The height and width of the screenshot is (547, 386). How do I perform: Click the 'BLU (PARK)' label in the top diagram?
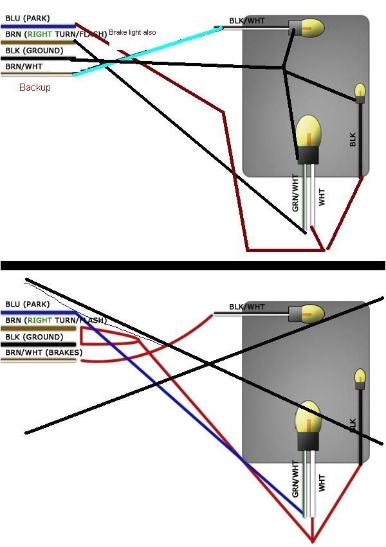click(x=28, y=19)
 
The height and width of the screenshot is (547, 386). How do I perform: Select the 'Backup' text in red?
click(x=35, y=87)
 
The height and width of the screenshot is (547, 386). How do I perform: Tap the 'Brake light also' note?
click(x=132, y=32)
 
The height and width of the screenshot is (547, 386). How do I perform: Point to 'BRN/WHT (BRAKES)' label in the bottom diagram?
click(x=44, y=352)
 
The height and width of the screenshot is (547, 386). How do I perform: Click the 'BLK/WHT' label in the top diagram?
click(x=247, y=21)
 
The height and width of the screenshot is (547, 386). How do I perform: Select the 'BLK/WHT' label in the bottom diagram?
click(x=247, y=307)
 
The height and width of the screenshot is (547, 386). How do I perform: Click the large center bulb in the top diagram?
click(x=308, y=129)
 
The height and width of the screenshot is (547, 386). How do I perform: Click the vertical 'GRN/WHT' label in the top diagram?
click(x=295, y=193)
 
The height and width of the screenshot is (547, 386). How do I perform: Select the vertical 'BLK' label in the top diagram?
click(x=353, y=139)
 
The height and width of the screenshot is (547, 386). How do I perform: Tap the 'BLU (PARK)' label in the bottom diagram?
click(x=28, y=304)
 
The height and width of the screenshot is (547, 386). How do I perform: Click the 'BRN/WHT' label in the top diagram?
click(x=24, y=66)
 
